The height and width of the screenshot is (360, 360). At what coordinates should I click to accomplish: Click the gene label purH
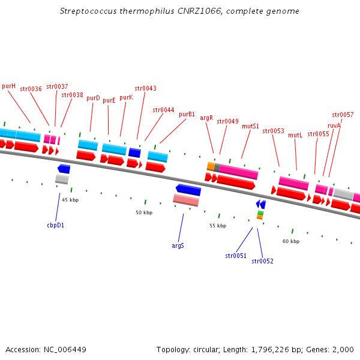(8, 86)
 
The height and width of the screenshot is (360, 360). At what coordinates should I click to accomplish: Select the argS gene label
(178, 245)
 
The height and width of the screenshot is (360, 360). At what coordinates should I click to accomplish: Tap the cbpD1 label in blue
(55, 226)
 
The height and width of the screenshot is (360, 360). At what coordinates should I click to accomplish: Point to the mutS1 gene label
(250, 126)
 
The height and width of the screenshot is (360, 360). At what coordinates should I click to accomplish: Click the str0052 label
(262, 261)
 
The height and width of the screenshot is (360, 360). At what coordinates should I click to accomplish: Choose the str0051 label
(236, 256)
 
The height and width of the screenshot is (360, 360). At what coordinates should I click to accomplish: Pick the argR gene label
(206, 118)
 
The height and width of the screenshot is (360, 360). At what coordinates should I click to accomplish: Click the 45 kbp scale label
(70, 200)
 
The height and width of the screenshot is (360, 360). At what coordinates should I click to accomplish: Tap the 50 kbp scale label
(144, 212)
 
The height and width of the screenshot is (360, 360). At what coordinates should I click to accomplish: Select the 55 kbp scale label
(218, 226)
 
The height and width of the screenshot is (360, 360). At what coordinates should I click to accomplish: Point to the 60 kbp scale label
(291, 241)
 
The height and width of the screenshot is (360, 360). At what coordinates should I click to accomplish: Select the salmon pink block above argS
(186, 200)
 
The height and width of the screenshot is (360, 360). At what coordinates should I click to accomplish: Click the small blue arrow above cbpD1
(64, 169)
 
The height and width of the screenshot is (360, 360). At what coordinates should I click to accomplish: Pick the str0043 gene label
(145, 88)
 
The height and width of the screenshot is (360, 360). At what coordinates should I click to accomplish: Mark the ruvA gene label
(334, 125)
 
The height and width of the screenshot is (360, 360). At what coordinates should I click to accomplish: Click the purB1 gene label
(187, 114)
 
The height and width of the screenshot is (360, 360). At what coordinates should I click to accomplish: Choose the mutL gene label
(295, 135)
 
